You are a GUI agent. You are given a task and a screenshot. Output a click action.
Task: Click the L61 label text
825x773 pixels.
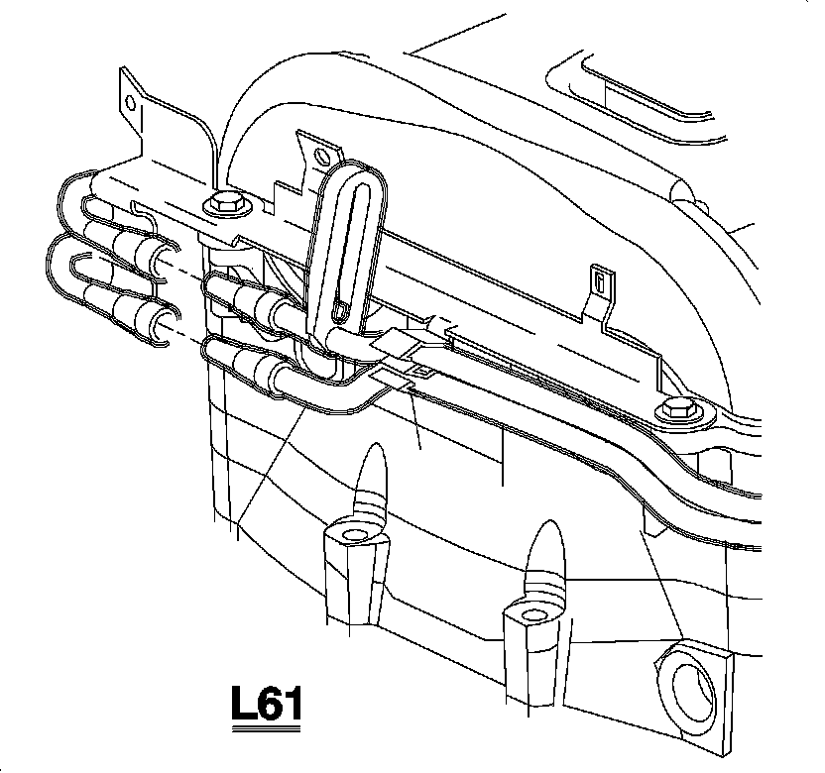point(265,705)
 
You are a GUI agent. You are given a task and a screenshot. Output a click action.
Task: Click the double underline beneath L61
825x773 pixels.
point(265,730)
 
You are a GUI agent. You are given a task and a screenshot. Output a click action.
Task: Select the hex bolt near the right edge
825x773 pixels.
point(679,407)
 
